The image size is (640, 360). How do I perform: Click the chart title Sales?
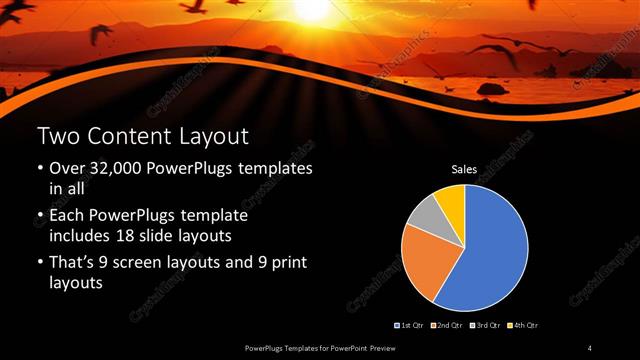pyautogui.click(x=464, y=170)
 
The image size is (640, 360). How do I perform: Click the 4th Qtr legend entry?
pyautogui.click(x=525, y=325)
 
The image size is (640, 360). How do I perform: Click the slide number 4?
pyautogui.click(x=590, y=347)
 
